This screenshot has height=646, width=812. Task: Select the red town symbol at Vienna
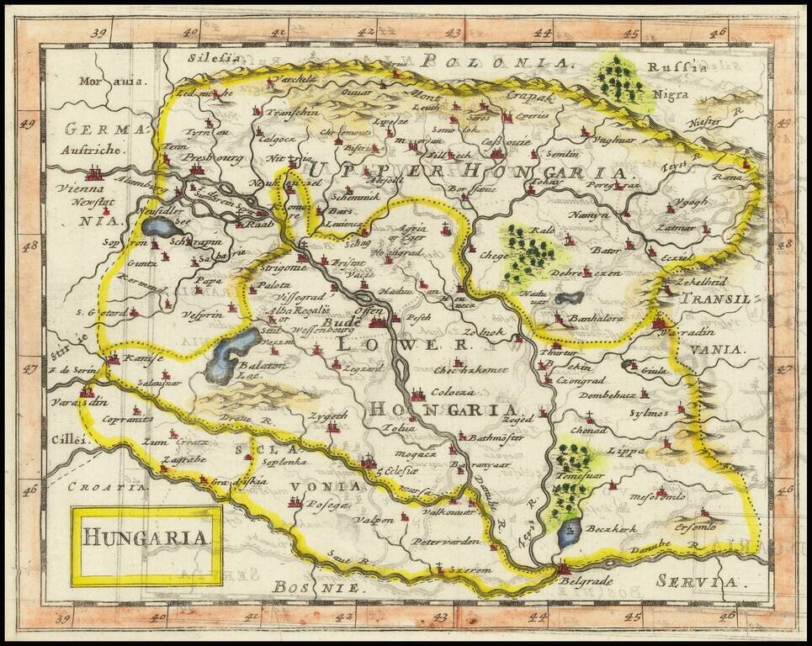click(95, 174)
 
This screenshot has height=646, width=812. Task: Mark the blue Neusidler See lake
click(161, 228)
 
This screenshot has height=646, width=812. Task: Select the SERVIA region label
click(697, 581)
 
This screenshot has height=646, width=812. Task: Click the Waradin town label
click(695, 322)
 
